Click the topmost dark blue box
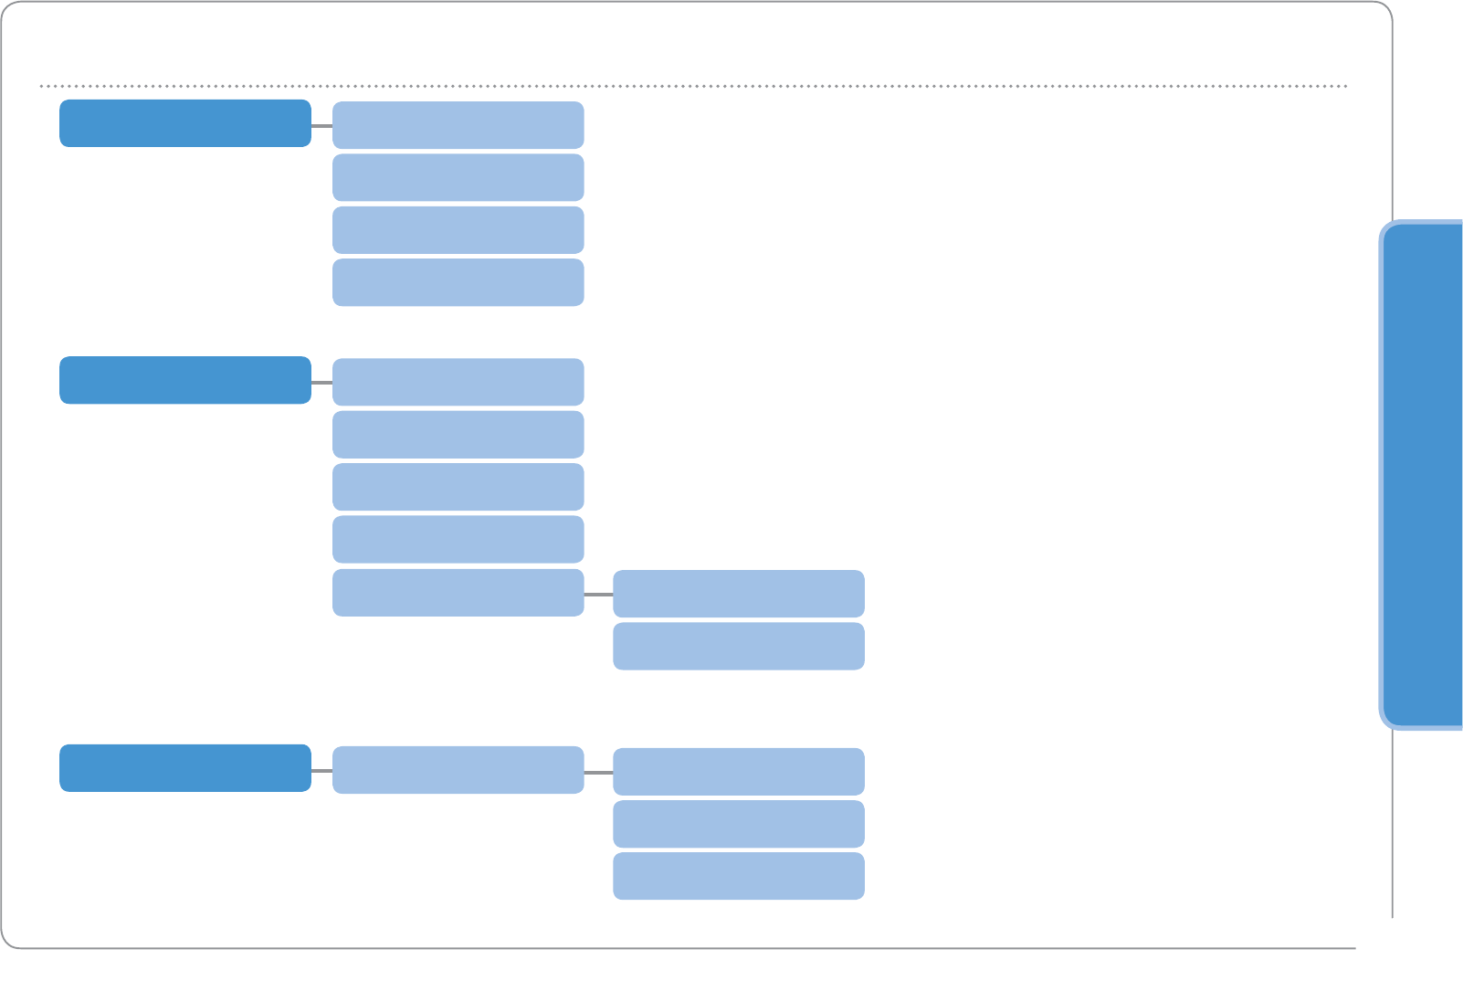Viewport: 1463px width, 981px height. point(185,123)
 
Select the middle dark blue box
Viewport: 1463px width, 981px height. point(185,380)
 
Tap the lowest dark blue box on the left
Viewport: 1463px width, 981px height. point(185,768)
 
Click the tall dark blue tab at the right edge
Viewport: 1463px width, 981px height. point(1423,475)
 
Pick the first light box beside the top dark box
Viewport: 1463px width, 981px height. point(458,125)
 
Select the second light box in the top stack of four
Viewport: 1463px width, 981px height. point(458,177)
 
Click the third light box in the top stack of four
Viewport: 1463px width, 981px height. point(458,230)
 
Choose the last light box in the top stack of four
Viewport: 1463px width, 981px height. point(458,282)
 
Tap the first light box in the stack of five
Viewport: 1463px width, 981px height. point(458,382)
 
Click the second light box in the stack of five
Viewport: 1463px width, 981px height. point(458,435)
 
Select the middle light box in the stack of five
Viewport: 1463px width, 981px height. point(458,487)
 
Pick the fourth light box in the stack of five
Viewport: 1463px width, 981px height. point(458,539)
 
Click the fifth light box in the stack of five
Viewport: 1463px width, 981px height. point(458,593)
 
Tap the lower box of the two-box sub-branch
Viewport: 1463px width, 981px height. point(738,646)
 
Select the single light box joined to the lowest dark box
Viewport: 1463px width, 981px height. point(458,770)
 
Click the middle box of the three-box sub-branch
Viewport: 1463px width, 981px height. point(738,824)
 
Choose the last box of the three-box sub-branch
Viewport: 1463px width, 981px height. point(738,876)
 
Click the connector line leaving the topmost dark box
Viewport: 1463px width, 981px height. point(321,126)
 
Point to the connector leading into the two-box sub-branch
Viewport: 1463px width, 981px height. point(598,595)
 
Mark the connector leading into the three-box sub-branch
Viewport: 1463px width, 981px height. point(598,773)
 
